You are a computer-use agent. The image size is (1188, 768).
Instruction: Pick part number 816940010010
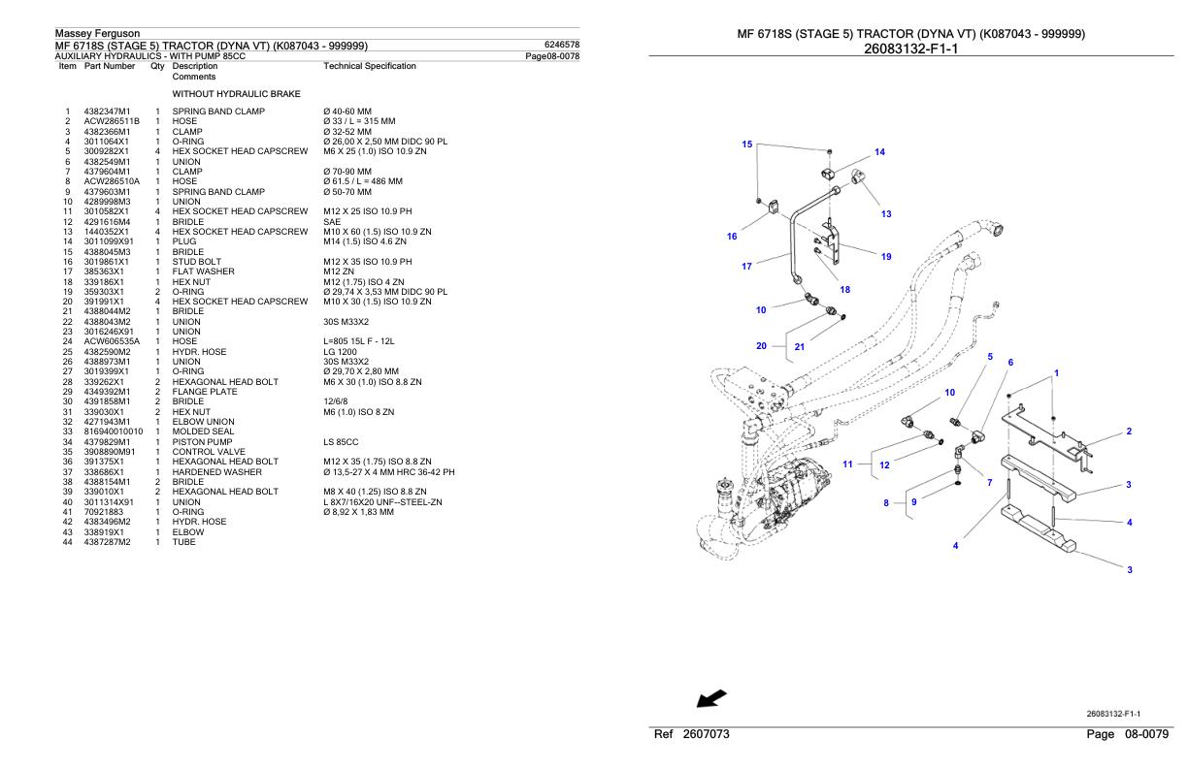(x=114, y=432)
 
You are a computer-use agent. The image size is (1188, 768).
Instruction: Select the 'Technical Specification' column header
(x=369, y=66)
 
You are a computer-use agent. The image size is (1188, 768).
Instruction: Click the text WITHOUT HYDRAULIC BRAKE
(x=236, y=94)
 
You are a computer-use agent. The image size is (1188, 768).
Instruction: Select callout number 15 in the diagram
(x=746, y=144)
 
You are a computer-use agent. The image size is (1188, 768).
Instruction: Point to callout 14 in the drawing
(x=879, y=152)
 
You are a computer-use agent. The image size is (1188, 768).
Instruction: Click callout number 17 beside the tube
(x=746, y=266)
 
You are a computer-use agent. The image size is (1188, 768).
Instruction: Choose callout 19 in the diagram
(x=886, y=257)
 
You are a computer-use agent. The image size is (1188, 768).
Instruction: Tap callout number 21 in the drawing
(x=799, y=346)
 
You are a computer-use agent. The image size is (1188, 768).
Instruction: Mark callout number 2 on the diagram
(x=1129, y=432)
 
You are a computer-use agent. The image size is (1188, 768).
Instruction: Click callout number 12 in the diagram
(x=884, y=465)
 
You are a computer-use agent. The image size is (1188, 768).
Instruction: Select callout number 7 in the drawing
(x=989, y=482)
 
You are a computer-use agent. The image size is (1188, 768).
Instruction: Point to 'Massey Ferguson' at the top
(x=97, y=34)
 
